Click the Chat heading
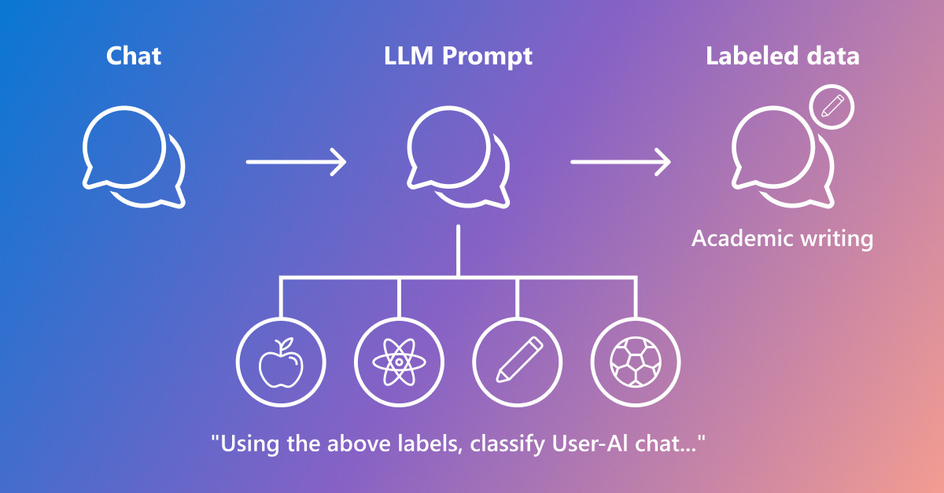click(x=134, y=56)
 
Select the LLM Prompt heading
click(x=458, y=57)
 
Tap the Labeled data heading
click(x=783, y=56)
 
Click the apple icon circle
click(x=281, y=319)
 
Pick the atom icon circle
click(x=399, y=319)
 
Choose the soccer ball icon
click(x=636, y=362)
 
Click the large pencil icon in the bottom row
click(x=520, y=359)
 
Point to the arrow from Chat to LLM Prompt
click(x=297, y=162)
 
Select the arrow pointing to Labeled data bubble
click(x=621, y=162)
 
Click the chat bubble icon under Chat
click(x=125, y=107)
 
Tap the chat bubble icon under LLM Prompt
click(x=449, y=107)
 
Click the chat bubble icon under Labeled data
click(x=774, y=107)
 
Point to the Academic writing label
click(x=782, y=239)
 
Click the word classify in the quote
click(x=507, y=444)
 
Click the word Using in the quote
click(x=251, y=444)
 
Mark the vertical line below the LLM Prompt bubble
click(x=458, y=250)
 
